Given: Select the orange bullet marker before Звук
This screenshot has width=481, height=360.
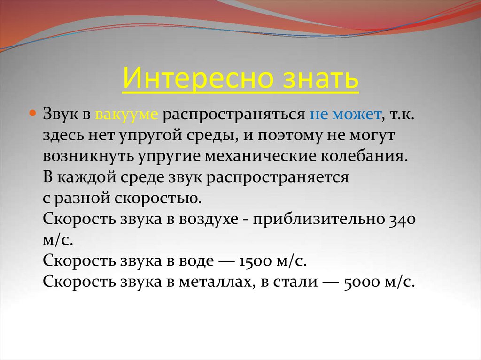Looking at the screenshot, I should click(x=33, y=114).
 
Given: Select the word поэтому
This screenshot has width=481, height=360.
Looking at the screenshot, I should click(x=296, y=136).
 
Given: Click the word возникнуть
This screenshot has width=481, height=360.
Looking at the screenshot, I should click(x=87, y=157).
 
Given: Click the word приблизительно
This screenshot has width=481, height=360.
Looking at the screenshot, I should click(x=319, y=219).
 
